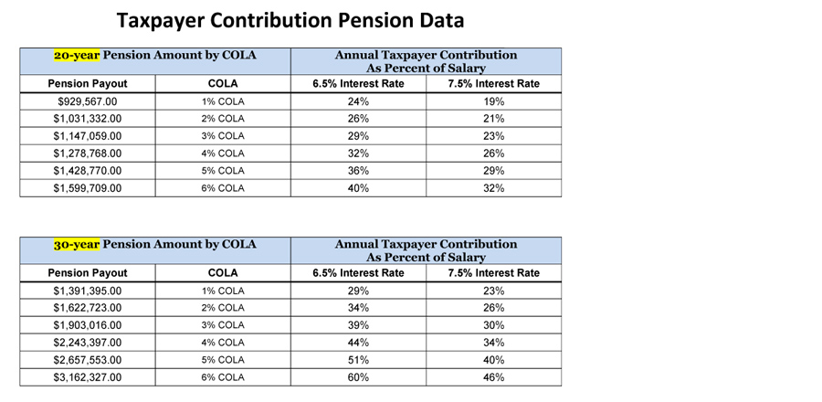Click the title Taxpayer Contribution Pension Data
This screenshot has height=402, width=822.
coord(290,20)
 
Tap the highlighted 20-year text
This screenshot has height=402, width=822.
coord(77,55)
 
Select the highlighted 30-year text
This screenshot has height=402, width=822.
coord(77,244)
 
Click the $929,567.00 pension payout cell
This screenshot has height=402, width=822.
coord(88,101)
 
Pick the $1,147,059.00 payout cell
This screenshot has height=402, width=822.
coord(88,136)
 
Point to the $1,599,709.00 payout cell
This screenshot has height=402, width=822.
coord(88,188)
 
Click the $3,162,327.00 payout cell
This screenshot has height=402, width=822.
coord(88,377)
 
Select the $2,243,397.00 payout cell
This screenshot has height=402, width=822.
coord(88,343)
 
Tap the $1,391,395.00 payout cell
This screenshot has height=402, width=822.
coord(88,291)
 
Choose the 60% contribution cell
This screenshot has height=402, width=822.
coord(359,377)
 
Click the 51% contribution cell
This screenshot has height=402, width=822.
coord(359,360)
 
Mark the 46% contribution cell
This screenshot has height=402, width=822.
coord(494,377)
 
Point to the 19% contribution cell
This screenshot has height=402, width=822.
coord(494,101)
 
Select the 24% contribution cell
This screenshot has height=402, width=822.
coord(359,101)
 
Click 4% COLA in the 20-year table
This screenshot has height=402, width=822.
coord(223,153)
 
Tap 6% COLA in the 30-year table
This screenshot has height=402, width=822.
coord(223,377)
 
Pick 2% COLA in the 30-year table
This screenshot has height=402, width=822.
coord(223,308)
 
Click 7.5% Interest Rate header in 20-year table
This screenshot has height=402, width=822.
coord(494,84)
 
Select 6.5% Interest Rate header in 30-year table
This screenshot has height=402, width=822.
coord(359,273)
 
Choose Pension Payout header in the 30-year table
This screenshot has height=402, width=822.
coord(88,273)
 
